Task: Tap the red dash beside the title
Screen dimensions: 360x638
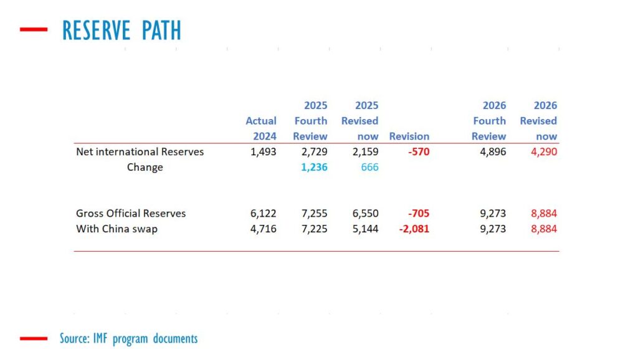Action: [x=34, y=29]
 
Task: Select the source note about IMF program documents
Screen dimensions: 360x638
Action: [x=128, y=339]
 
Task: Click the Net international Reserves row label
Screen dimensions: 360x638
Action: [x=140, y=151]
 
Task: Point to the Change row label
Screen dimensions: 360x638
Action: [x=145, y=167]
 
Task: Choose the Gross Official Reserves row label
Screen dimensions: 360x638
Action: [x=131, y=213]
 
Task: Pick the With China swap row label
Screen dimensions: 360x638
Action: [x=117, y=229]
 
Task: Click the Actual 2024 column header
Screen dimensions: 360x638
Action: [x=261, y=128]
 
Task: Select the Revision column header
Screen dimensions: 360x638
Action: [x=409, y=136]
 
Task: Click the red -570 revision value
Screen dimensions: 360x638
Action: [x=417, y=151]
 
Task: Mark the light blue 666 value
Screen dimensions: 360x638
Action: [x=369, y=167]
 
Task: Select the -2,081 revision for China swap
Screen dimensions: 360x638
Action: [x=414, y=229]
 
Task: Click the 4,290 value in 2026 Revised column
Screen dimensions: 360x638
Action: [x=543, y=151]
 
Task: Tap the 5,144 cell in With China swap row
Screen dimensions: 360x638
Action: [x=364, y=229]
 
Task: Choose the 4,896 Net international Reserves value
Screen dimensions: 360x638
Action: [x=492, y=151]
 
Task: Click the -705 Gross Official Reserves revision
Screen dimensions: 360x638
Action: [x=417, y=213]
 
